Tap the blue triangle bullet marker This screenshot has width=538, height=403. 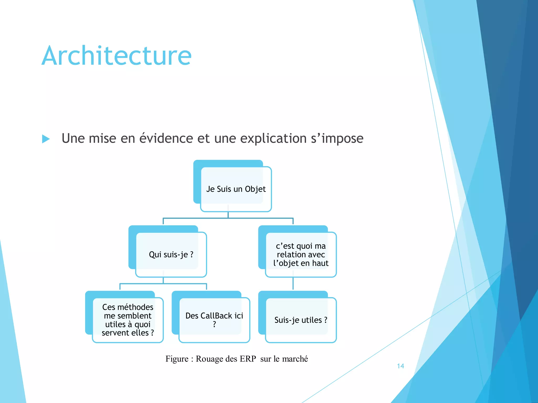(x=46, y=139)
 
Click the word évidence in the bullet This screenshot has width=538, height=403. (x=166, y=138)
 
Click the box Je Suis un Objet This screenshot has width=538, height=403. (x=236, y=189)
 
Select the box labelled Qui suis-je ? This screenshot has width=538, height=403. (x=171, y=254)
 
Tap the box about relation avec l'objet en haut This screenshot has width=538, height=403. (x=301, y=254)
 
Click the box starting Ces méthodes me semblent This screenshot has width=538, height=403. (x=128, y=320)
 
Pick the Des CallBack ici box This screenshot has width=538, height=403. (x=214, y=320)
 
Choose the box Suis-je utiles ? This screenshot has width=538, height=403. (x=301, y=320)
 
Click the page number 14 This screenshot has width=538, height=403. (x=400, y=366)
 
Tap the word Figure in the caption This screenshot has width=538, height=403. (x=177, y=359)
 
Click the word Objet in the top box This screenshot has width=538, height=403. (x=255, y=189)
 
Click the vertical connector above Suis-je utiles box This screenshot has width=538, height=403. (x=293, y=284)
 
